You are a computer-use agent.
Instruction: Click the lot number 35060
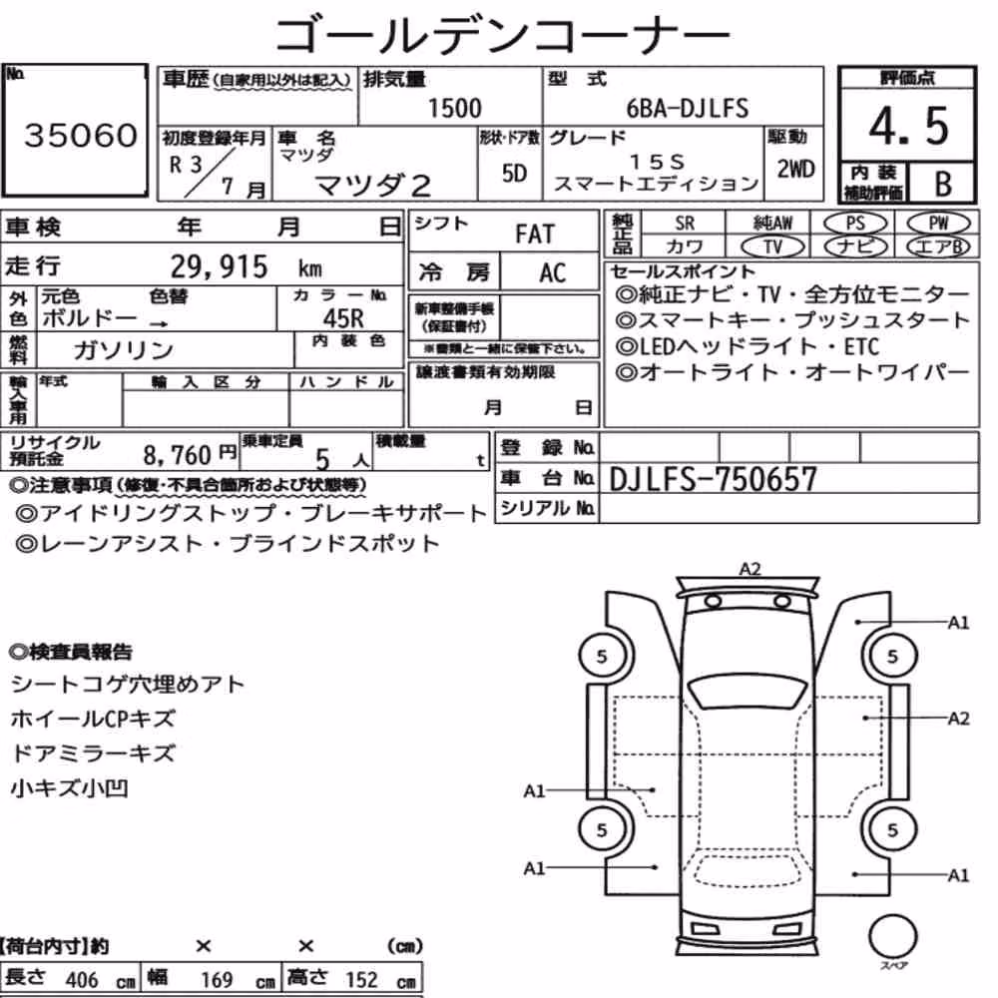[81, 135]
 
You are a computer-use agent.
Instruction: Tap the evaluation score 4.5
[908, 126]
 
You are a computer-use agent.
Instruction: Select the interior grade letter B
[943, 184]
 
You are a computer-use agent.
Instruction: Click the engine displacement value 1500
[454, 108]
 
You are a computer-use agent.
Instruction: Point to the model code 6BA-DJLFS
[688, 108]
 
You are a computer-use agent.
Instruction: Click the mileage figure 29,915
[219, 266]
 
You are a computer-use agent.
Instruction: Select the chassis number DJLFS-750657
[713, 479]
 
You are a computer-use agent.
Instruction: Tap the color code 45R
[343, 317]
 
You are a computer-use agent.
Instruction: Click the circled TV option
[773, 247]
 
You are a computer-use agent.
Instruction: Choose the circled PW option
[938, 223]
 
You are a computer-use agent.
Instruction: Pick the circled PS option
[855, 223]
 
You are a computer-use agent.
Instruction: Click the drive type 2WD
[795, 169]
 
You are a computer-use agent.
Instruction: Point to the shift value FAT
[535, 235]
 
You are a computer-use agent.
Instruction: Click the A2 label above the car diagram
[749, 569]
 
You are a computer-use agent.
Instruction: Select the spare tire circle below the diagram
[893, 936]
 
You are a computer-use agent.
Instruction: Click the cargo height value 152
[361, 980]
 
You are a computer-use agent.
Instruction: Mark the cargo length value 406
[82, 980]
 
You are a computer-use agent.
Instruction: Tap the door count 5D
[514, 173]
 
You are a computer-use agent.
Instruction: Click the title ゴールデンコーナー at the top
[502, 34]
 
